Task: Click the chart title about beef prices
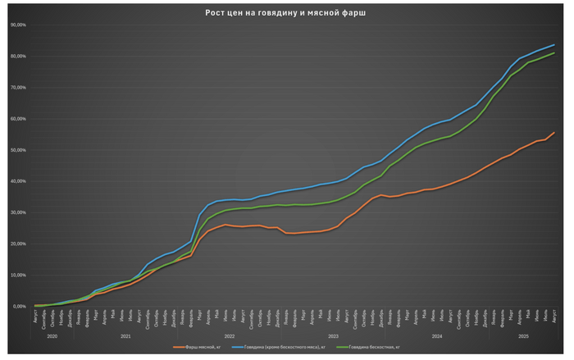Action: tap(286, 14)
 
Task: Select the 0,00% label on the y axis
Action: tap(17, 306)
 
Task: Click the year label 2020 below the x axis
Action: tap(52, 336)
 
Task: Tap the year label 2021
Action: tap(125, 336)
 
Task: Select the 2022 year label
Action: tap(229, 336)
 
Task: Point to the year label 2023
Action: tap(332, 336)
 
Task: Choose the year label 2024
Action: tap(435, 336)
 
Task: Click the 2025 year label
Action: tap(522, 336)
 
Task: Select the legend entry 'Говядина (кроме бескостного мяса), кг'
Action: tap(283, 348)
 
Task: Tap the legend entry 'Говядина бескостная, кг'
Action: tap(374, 348)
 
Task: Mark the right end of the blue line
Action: tap(554, 44)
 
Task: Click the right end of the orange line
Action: tap(554, 133)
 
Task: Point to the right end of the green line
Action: tap(554, 52)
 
